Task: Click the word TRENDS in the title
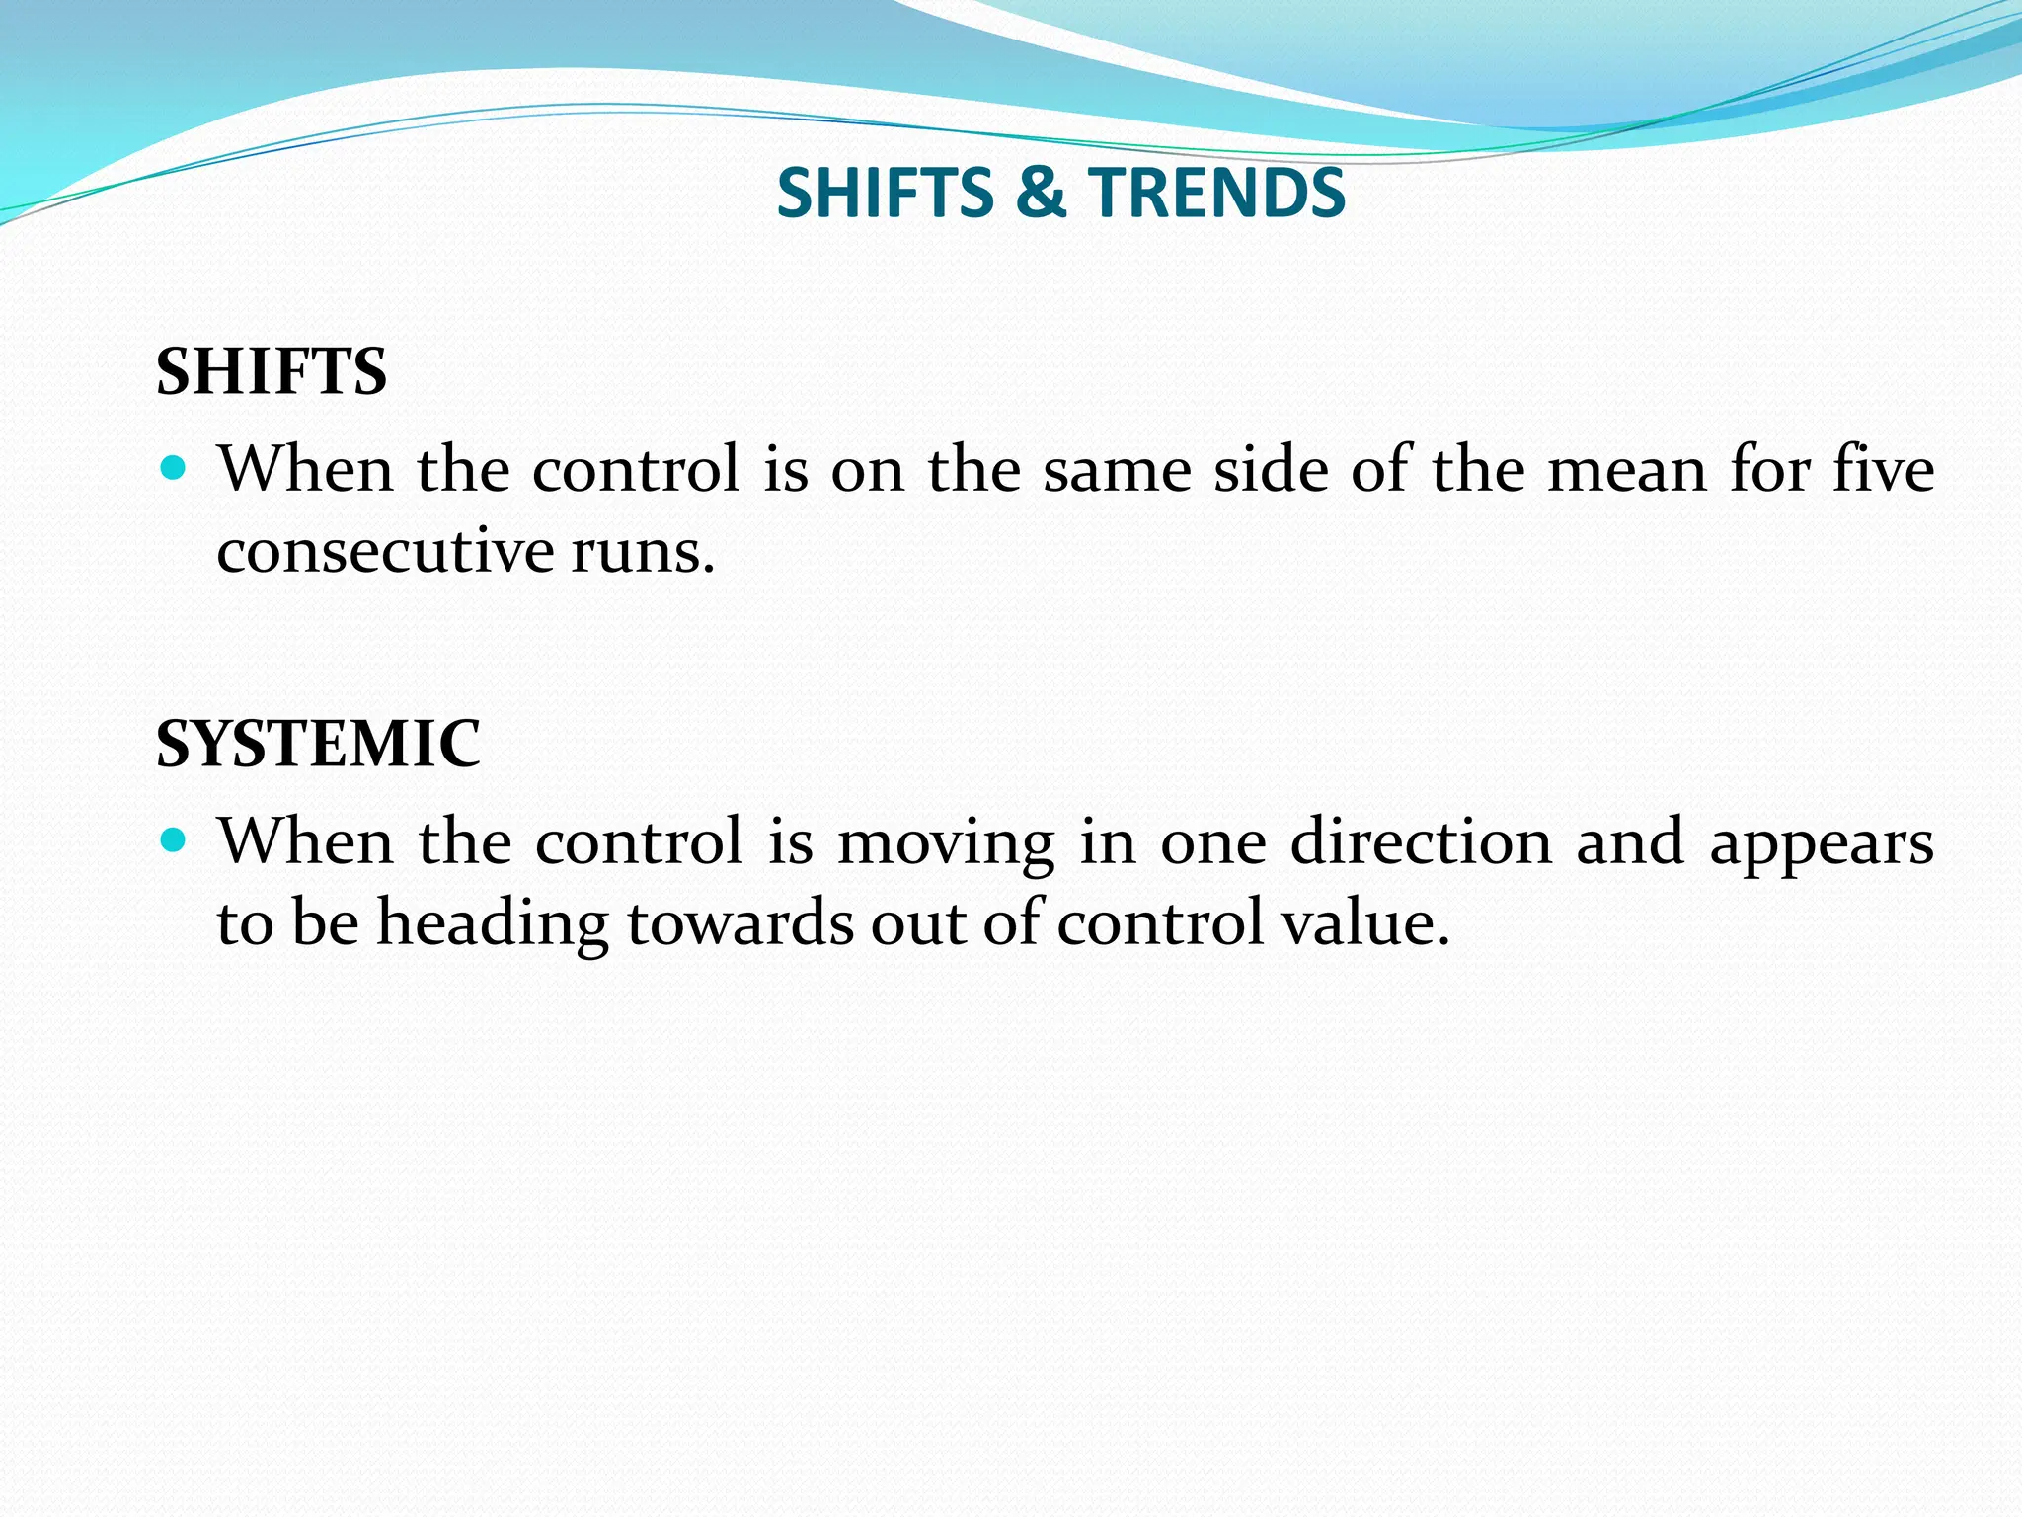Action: point(1216,192)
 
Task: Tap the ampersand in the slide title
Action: point(1041,192)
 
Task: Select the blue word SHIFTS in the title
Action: point(886,192)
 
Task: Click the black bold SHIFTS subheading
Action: point(272,372)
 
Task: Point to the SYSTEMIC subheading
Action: point(318,743)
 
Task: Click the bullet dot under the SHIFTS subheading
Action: point(173,468)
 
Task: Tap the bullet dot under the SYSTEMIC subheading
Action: point(173,840)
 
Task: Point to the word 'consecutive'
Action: point(384,550)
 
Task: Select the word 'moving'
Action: point(946,842)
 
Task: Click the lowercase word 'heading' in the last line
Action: point(493,923)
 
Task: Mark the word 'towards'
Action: point(740,923)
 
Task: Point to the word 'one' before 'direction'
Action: point(1213,842)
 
